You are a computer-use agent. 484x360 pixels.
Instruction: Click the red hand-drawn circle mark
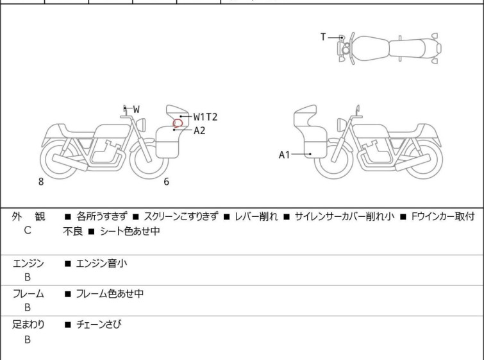tap(178, 123)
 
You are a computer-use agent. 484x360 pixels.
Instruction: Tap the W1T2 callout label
tap(205, 117)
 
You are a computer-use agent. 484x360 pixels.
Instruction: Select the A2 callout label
tap(199, 131)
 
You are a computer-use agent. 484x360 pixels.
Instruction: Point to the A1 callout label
tap(284, 155)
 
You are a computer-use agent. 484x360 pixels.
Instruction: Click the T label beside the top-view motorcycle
tap(323, 37)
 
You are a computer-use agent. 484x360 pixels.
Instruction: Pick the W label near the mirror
tap(137, 109)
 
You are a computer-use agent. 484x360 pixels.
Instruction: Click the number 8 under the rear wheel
tap(41, 182)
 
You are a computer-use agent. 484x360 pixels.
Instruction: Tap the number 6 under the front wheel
tap(167, 182)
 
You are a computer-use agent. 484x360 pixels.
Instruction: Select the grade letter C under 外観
tap(28, 230)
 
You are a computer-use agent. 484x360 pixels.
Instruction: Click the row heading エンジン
tap(28, 264)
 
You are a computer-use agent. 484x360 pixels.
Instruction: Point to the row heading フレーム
tap(28, 294)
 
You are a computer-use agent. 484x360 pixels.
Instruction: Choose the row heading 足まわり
tap(28, 325)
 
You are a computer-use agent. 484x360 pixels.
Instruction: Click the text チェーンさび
tap(99, 325)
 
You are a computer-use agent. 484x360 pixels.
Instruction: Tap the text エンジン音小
tap(101, 264)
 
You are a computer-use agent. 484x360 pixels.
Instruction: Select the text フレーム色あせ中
tap(110, 293)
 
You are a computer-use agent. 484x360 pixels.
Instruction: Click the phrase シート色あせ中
tap(130, 231)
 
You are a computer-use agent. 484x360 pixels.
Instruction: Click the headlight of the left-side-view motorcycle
tap(141, 124)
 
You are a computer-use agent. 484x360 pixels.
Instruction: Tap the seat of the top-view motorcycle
tap(408, 49)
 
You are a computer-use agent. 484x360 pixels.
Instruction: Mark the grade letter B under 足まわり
tap(28, 339)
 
